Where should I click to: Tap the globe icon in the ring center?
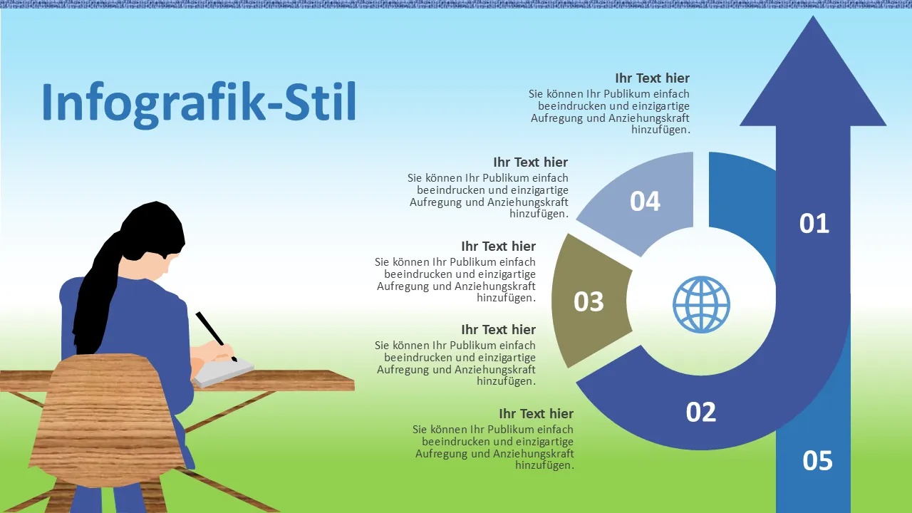click(x=701, y=304)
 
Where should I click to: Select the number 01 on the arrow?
click(x=814, y=223)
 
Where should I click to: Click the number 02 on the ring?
click(x=700, y=412)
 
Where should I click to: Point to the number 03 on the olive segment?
click(x=589, y=301)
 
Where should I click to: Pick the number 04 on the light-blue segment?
click(x=645, y=201)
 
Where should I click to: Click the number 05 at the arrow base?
click(x=817, y=460)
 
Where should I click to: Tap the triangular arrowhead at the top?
click(x=813, y=81)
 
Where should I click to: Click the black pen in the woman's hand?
click(x=216, y=337)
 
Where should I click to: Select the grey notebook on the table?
click(x=223, y=372)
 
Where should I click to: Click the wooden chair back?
click(x=107, y=420)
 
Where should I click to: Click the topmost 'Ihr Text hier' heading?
click(x=652, y=78)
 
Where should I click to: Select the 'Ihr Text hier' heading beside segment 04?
click(x=531, y=162)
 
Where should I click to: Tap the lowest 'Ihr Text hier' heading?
click(x=537, y=414)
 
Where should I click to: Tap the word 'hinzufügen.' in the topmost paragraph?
click(x=660, y=130)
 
